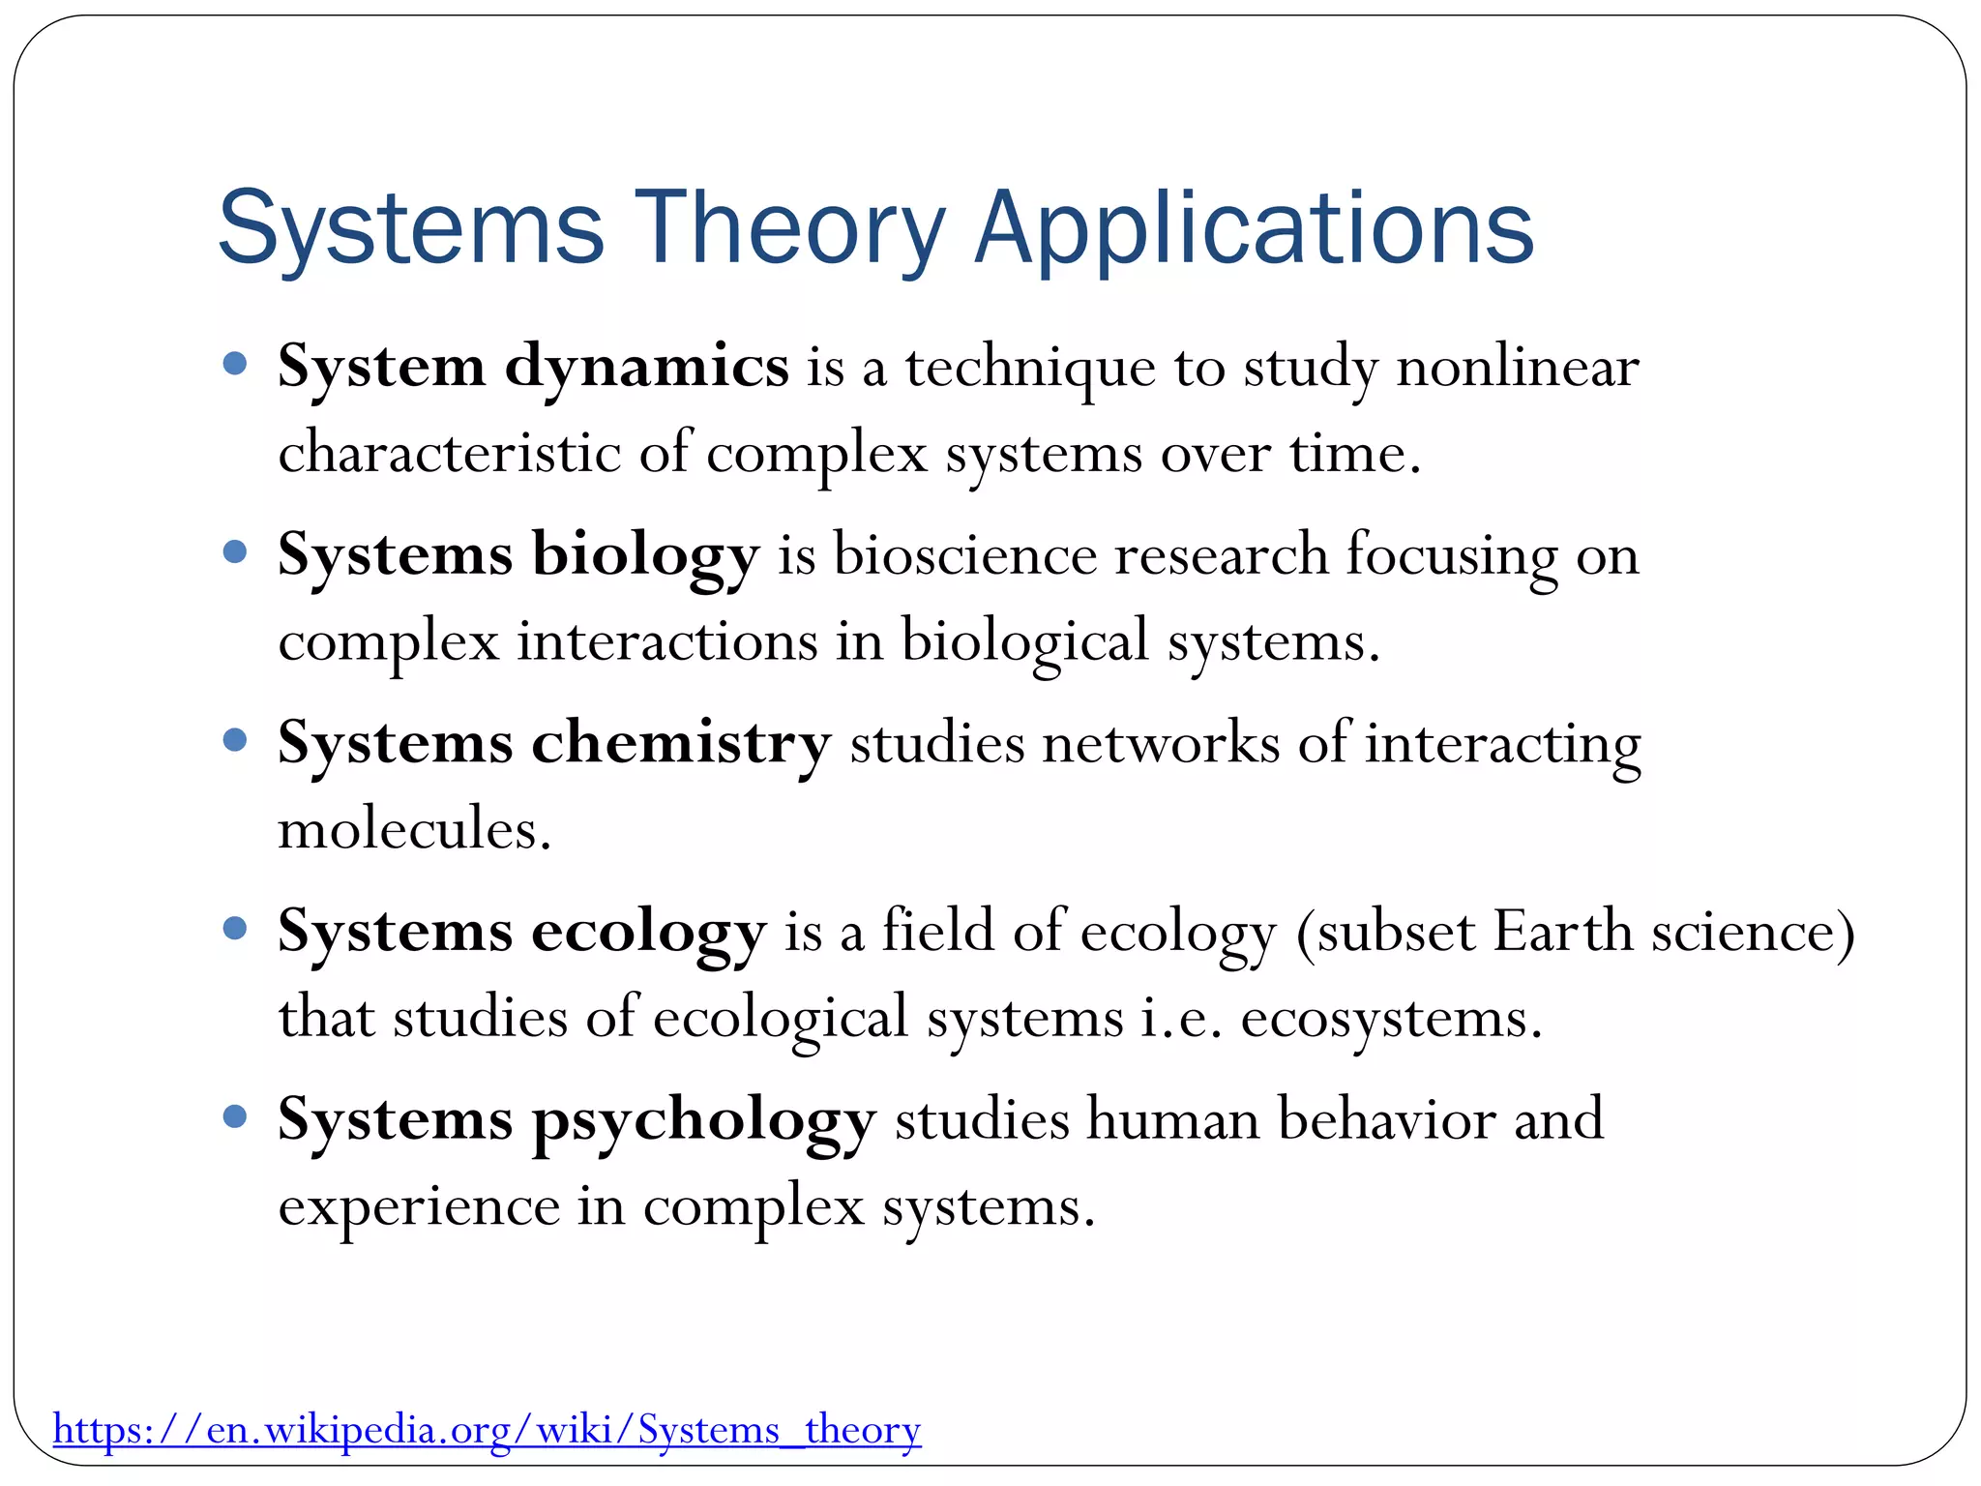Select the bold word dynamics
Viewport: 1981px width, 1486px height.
[646, 369]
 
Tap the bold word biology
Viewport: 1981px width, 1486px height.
[645, 557]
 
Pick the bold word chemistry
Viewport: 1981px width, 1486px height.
[681, 745]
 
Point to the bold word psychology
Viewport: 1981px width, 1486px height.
[703, 1121]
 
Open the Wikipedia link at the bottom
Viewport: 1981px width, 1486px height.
[487, 1429]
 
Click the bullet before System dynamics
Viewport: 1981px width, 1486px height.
[235, 365]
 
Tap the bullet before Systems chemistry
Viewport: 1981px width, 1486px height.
[235, 741]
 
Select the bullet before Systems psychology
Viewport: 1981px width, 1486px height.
[235, 1117]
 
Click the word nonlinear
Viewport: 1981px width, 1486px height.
[1518, 369]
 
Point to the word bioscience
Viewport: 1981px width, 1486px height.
[964, 557]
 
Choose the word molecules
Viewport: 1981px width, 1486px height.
[414, 831]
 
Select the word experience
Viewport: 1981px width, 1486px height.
[419, 1207]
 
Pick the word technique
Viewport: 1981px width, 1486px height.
[1030, 369]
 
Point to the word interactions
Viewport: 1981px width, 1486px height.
[667, 642]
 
